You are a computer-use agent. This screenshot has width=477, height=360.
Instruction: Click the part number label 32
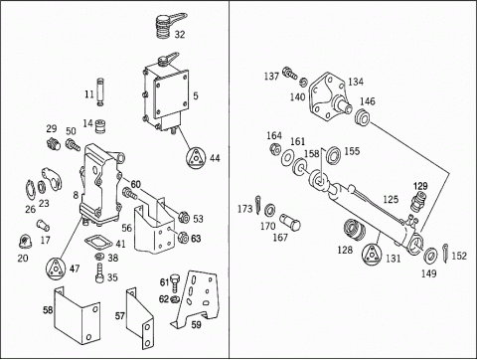(180, 34)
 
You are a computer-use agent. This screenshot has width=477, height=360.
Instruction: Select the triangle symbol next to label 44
(196, 158)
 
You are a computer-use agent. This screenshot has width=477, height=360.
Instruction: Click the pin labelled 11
(100, 92)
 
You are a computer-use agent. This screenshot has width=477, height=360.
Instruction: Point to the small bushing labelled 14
(100, 126)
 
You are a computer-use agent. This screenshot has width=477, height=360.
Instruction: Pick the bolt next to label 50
(73, 145)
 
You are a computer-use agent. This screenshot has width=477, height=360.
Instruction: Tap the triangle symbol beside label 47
(55, 268)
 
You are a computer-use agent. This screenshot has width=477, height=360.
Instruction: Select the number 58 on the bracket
(48, 310)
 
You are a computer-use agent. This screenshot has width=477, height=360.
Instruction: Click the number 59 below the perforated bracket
(196, 324)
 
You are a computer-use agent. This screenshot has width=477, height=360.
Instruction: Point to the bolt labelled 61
(175, 282)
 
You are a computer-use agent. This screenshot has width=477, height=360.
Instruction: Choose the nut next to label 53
(184, 218)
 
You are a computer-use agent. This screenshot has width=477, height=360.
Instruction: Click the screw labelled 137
(290, 73)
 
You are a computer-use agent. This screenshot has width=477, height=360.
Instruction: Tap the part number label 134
(356, 82)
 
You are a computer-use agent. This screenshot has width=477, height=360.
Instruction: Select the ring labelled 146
(363, 117)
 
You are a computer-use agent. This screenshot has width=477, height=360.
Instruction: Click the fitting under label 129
(418, 201)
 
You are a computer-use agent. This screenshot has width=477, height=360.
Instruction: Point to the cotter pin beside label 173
(258, 205)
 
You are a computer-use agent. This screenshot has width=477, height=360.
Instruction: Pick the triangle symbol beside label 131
(373, 255)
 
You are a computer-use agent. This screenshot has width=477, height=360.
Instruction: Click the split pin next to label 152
(446, 254)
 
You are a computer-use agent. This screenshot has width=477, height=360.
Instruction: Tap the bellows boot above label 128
(354, 230)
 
